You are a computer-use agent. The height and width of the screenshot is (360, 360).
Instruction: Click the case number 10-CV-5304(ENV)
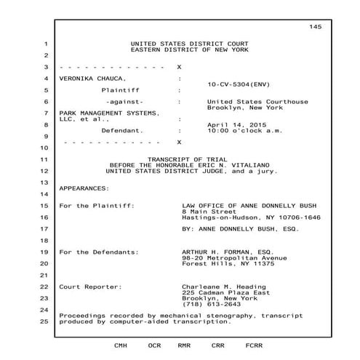coord(238,84)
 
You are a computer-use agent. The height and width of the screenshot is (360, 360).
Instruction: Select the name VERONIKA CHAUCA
coord(92,77)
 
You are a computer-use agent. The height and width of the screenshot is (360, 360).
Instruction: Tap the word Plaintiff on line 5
coord(120,89)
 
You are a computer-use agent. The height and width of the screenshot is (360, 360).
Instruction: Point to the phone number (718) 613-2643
coord(212,304)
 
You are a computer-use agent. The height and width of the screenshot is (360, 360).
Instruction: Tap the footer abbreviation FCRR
coord(255,345)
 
